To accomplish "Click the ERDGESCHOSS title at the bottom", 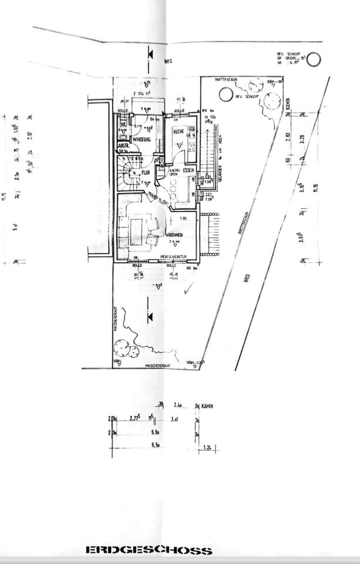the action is point(149,550).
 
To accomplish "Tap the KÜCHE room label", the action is point(179,132).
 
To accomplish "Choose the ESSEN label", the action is point(189,170).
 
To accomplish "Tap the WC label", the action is point(123,125).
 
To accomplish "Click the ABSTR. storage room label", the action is point(124,146).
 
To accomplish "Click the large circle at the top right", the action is point(314,59).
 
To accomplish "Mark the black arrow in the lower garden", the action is point(150,317).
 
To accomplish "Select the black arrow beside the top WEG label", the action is point(150,53).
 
